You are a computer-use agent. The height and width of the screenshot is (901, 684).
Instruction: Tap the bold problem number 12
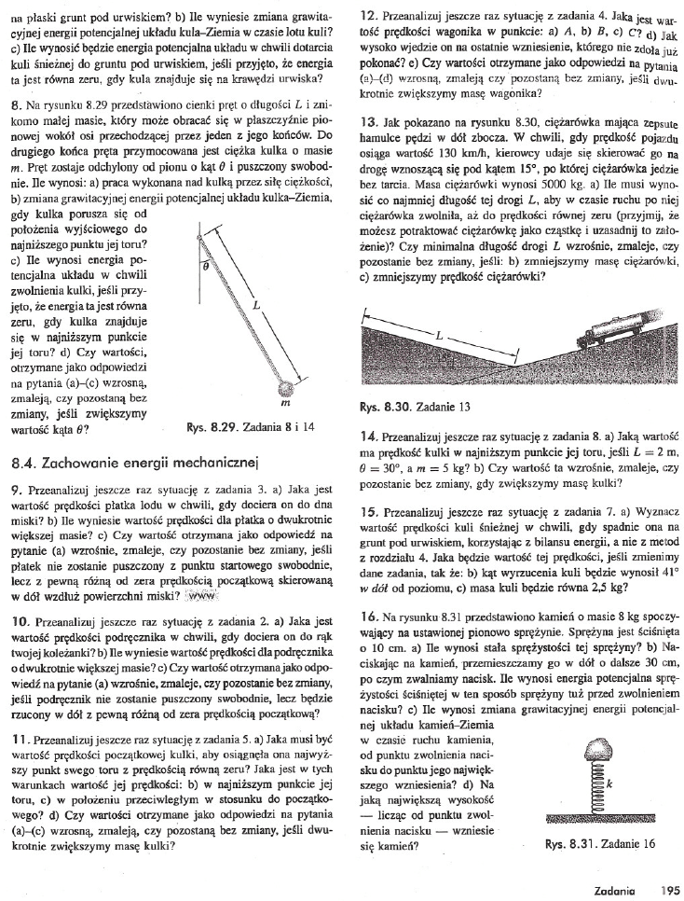(x=364, y=15)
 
